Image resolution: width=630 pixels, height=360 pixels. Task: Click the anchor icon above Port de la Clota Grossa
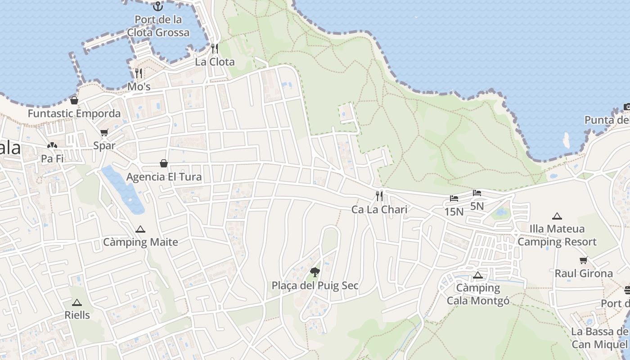pos(157,6)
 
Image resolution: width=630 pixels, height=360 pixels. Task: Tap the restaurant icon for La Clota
pos(215,49)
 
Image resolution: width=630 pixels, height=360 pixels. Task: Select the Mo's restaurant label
pos(139,86)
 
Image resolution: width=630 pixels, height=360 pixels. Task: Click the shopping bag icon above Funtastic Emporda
pos(74,100)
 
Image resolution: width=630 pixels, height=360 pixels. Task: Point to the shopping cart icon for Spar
pos(104,133)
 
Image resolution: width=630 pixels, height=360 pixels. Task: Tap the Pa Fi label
pos(52,159)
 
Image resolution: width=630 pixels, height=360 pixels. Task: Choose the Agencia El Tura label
pos(164,177)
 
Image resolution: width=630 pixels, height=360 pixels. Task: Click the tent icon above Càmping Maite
pos(140,229)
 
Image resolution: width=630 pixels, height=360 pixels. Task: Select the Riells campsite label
pos(77,315)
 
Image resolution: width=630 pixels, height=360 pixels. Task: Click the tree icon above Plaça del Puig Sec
pos(315,272)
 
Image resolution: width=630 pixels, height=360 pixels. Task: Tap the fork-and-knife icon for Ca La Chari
pos(379,196)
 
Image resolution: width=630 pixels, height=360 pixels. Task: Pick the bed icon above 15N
pos(454,198)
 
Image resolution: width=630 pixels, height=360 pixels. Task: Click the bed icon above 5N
pos(477,193)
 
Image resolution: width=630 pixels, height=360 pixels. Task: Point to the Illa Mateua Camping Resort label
pos(557,235)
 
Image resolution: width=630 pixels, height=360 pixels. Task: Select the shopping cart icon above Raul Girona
pos(584,260)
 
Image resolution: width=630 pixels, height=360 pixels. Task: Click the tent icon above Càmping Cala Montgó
pos(478,275)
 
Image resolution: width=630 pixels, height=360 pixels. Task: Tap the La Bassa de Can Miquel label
pos(599,338)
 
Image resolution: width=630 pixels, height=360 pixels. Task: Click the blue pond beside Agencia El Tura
pos(122,189)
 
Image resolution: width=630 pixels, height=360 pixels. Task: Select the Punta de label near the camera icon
pos(607,120)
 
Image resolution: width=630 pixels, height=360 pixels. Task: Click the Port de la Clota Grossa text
pos(158,26)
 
